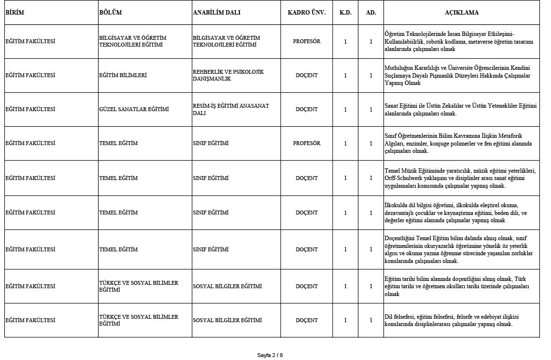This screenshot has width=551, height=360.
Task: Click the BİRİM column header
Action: tap(15, 13)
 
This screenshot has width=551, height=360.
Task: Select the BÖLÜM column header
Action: tap(110, 13)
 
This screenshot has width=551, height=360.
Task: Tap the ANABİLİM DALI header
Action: tap(217, 13)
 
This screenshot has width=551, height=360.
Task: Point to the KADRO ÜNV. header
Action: tap(306, 13)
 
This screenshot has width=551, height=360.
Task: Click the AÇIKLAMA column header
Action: tap(461, 13)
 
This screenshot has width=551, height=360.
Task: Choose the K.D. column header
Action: tap(345, 13)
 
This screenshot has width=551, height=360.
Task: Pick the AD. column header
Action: tap(371, 13)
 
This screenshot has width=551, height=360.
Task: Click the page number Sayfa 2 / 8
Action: tap(270, 355)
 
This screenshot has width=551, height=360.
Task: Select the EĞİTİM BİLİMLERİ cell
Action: tap(123, 76)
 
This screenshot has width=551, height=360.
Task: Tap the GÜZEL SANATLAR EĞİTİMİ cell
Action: tap(134, 110)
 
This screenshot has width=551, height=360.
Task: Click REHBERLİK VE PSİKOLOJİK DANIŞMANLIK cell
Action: tap(228, 75)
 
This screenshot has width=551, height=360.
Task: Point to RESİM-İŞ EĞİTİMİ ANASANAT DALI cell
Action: tap(231, 109)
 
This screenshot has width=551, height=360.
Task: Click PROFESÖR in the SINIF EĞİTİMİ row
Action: tap(306, 144)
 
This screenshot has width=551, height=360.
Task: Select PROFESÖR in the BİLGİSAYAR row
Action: tap(306, 42)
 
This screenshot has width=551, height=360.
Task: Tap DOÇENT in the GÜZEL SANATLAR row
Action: tap(306, 110)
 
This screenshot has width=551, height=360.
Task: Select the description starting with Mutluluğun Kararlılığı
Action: tap(457, 75)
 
